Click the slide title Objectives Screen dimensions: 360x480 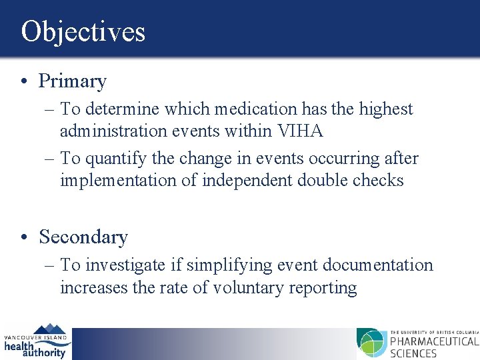tap(83, 31)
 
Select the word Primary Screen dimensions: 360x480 tap(73, 81)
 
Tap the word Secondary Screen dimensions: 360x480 tap(83, 237)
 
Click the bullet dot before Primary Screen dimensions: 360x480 tap(23, 82)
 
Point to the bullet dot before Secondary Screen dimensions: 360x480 tap(23, 237)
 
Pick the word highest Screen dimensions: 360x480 tap(386, 109)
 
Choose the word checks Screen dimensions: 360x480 tap(379, 181)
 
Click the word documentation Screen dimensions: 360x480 tap(378, 265)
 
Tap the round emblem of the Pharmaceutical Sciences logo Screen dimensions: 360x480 tap(371, 343)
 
